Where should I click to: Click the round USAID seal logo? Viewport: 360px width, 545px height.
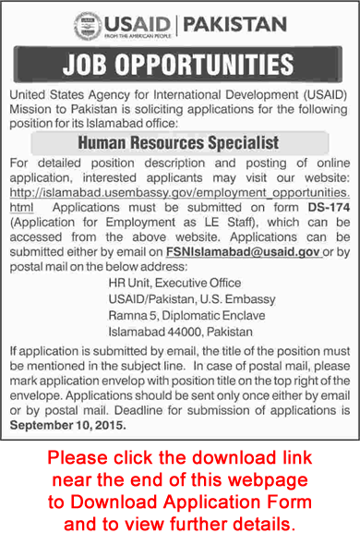coord(87,24)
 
